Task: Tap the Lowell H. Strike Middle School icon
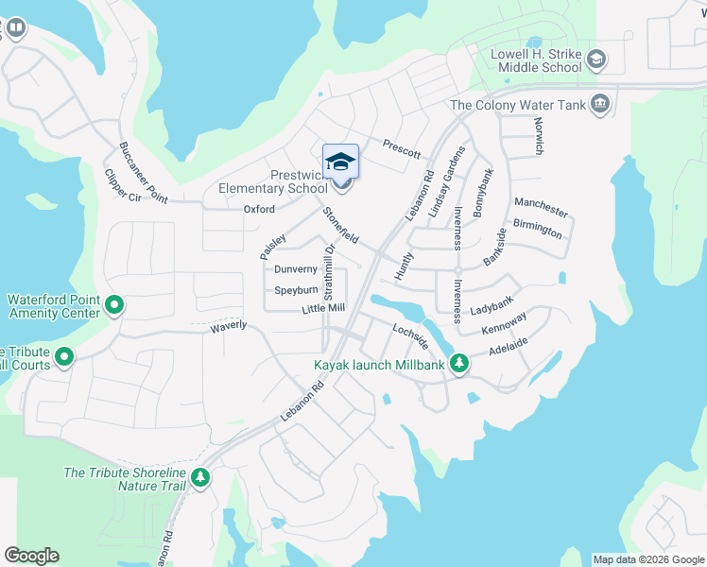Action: tap(595, 61)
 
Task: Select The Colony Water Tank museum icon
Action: tap(599, 105)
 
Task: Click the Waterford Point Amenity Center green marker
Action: tap(113, 304)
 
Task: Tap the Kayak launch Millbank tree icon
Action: tap(458, 363)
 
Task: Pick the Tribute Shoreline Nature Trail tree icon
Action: tap(199, 478)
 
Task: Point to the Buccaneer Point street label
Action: tap(143, 172)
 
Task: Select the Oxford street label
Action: tap(259, 209)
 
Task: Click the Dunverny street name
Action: tap(295, 269)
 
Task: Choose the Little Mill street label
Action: tap(323, 309)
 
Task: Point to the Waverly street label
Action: tap(228, 325)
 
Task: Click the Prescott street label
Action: tap(402, 147)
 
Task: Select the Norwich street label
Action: tap(538, 135)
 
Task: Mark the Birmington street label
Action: tap(538, 228)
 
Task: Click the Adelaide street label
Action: tap(508, 347)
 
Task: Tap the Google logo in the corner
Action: tap(31, 556)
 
